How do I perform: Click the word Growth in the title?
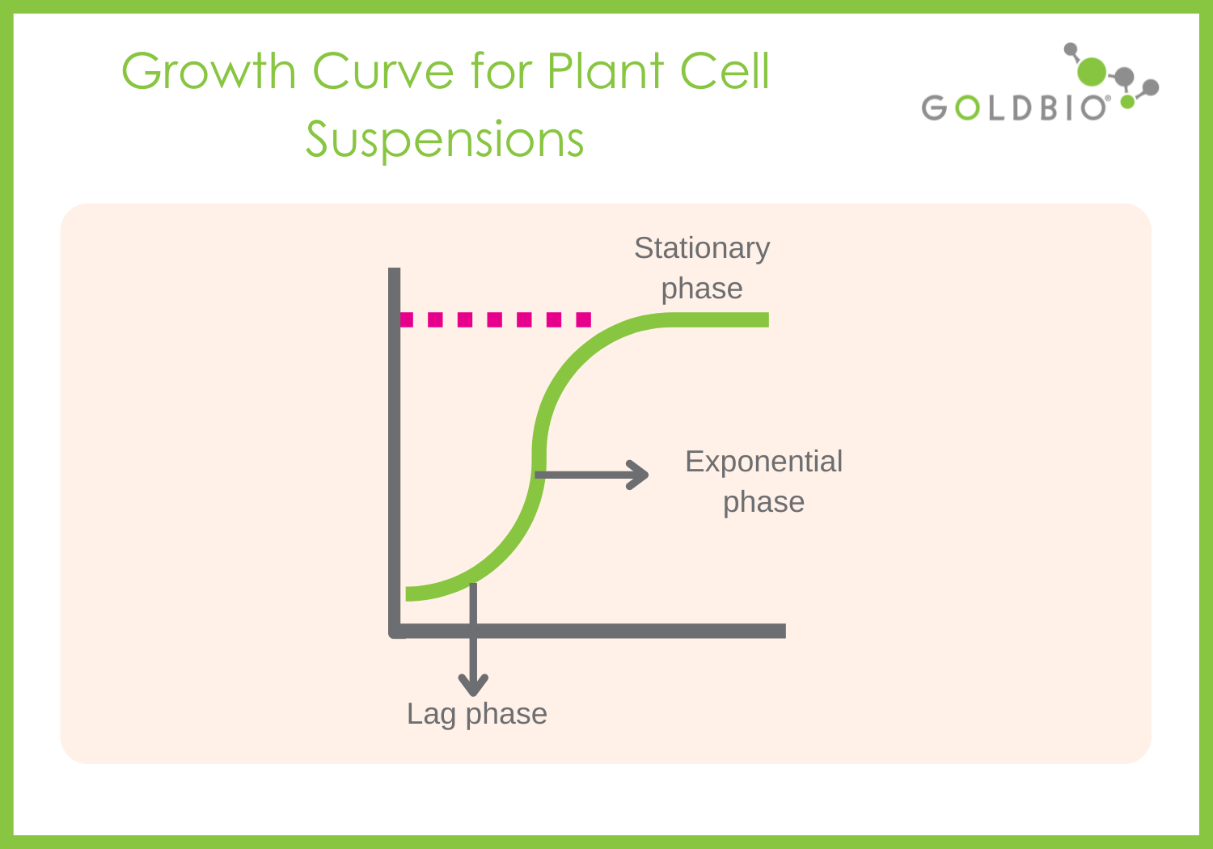[209, 72]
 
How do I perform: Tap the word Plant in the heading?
[606, 72]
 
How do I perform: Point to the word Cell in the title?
[725, 72]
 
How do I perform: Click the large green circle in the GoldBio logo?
[1092, 71]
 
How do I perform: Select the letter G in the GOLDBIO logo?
[934, 108]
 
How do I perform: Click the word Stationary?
[702, 248]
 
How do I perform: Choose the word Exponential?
[763, 462]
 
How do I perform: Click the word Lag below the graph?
[431, 715]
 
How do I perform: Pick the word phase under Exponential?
[763, 502]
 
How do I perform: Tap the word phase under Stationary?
[702, 289]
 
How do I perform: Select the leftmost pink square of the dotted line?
[407, 320]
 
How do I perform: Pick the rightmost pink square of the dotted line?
[584, 320]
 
